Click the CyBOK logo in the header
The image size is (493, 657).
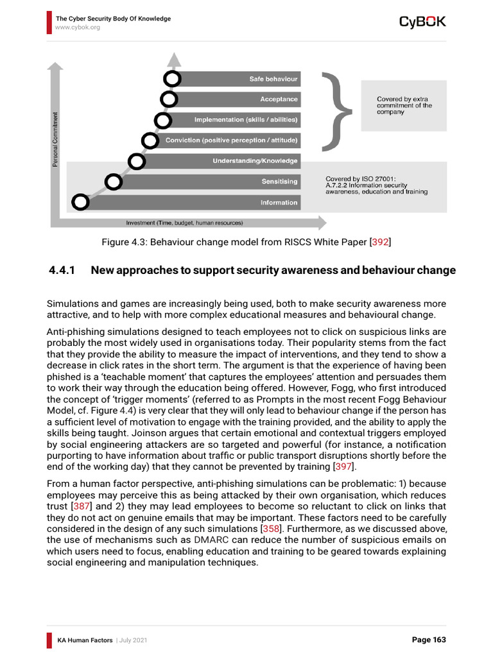click(422, 22)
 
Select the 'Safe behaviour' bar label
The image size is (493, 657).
click(273, 79)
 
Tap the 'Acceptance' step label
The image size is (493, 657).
click(279, 99)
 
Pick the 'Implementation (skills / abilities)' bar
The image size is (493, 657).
click(246, 120)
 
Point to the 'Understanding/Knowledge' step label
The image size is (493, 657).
click(255, 161)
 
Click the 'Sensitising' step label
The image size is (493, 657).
click(279, 182)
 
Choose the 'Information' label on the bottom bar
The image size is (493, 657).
click(279, 203)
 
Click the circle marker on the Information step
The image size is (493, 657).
click(80, 202)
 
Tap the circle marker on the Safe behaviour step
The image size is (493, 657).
click(172, 79)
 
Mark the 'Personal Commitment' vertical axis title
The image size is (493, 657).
click(55, 140)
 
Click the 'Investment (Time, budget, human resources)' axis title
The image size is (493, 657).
click(184, 223)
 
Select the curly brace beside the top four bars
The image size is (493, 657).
click(338, 110)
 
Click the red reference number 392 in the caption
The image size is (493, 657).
click(381, 242)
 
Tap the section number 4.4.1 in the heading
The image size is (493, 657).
click(62, 270)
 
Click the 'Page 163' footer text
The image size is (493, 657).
click(428, 640)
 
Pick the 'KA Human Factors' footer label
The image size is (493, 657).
click(84, 640)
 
